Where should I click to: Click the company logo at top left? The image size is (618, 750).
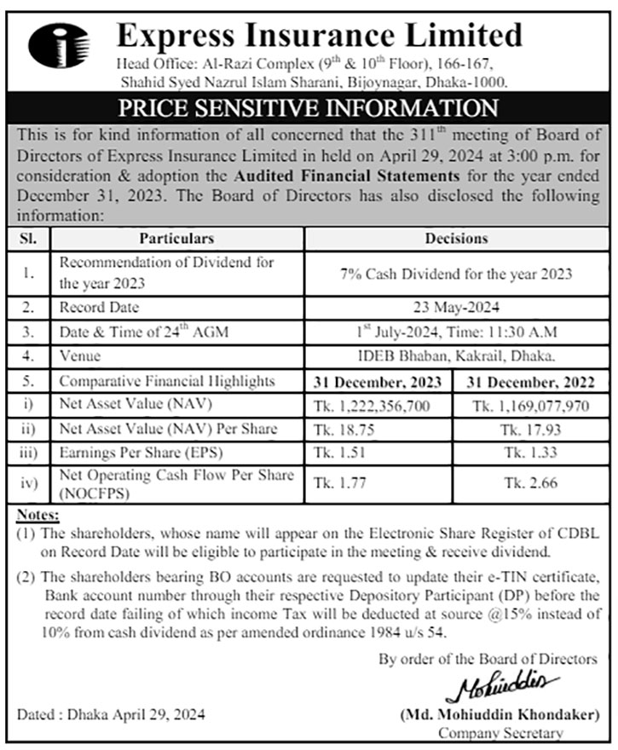click(x=58, y=45)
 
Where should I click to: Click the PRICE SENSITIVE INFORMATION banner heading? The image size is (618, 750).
click(x=309, y=108)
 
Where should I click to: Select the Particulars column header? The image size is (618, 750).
click(x=176, y=239)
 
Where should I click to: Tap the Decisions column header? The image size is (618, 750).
click(x=456, y=239)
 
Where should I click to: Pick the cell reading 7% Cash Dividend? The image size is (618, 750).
click(x=456, y=274)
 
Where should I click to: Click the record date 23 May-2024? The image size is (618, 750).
click(x=456, y=307)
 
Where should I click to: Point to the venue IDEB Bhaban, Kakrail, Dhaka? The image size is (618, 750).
click(x=456, y=355)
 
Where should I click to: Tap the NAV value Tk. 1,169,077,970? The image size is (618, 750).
click(x=530, y=405)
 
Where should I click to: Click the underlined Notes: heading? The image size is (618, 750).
click(x=38, y=516)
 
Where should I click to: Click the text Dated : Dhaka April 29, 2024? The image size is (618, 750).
click(x=111, y=713)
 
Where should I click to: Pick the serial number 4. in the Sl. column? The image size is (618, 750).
click(x=28, y=355)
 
